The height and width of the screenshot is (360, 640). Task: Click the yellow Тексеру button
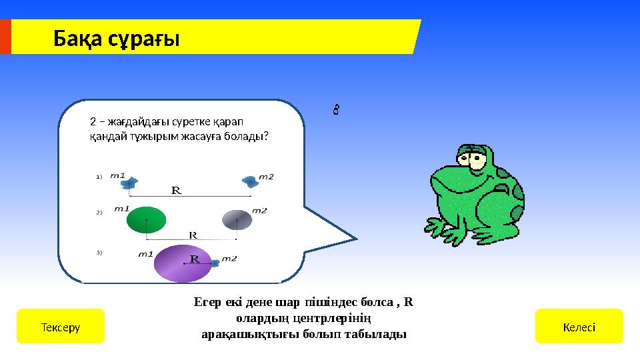pos(60,327)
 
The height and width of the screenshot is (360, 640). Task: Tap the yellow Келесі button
pos(579,327)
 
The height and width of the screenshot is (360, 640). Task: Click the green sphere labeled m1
pos(146,220)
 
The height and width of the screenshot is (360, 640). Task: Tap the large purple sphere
pos(181,263)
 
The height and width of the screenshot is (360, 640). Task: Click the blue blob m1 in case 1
pos(132,181)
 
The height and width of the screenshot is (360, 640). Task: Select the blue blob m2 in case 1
pos(249,181)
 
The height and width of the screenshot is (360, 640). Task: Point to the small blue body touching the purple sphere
pos(214,263)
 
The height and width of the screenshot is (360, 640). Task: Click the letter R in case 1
pos(177,190)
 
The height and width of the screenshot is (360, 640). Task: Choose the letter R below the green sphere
pos(193,235)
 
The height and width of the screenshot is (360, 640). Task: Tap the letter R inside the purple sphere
pos(195,258)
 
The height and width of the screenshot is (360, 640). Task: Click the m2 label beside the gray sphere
pos(259,210)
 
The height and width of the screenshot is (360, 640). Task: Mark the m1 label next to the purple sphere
pos(146,253)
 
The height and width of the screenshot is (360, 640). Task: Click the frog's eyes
pos(471,158)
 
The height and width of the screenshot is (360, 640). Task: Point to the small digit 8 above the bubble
pos(337,109)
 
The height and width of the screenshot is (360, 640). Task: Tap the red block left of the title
pos(5,37)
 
